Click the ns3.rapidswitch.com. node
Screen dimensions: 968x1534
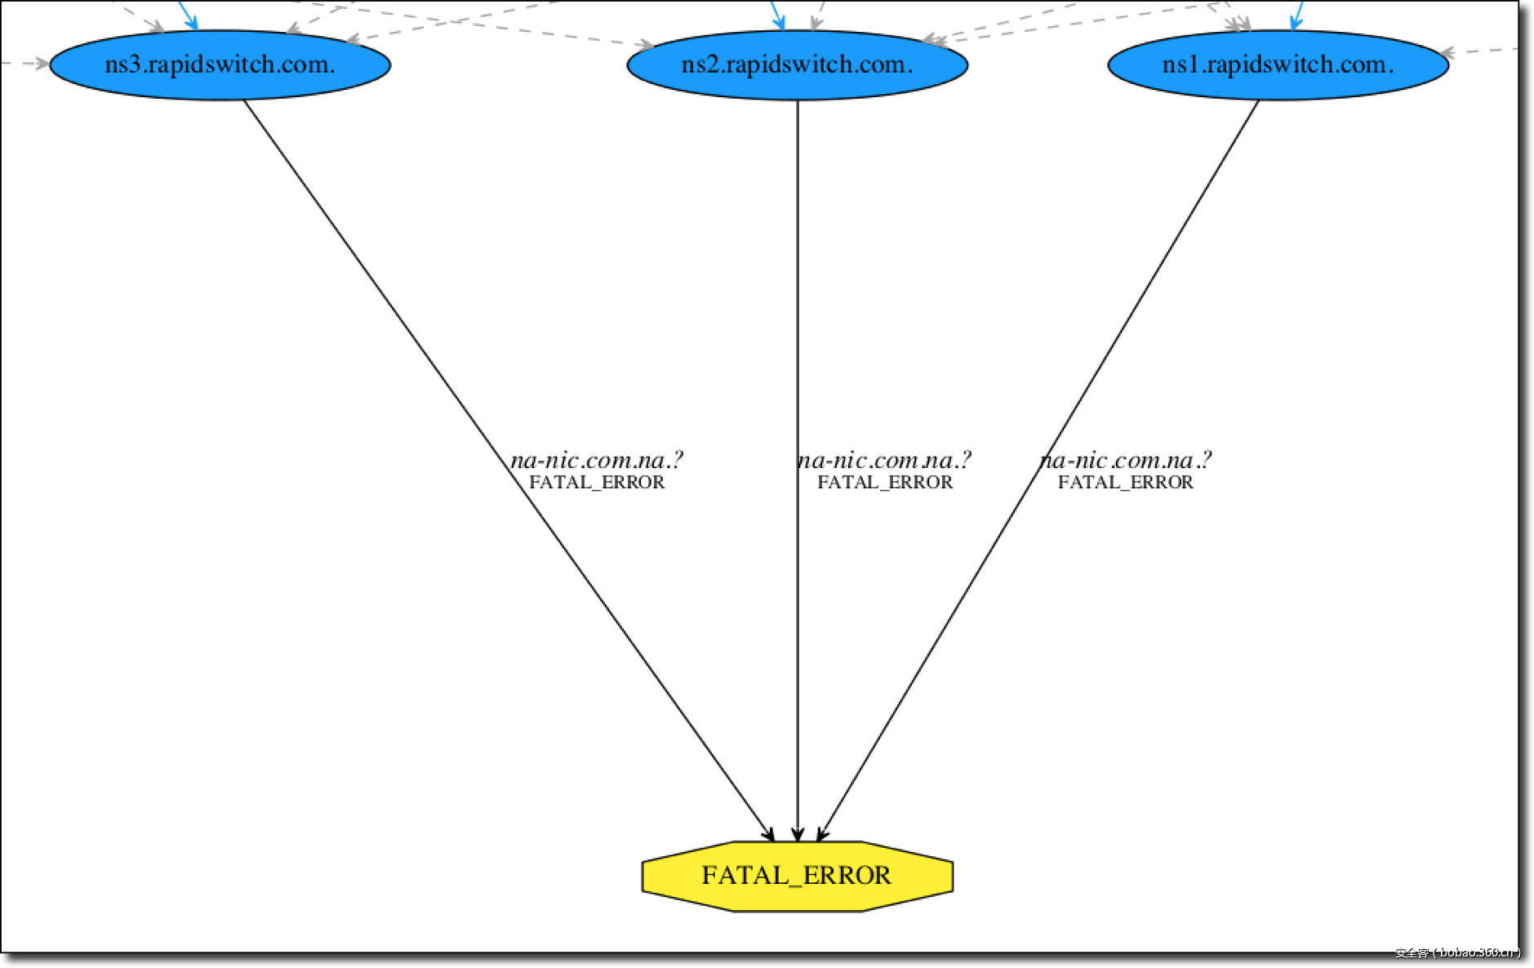[x=220, y=65]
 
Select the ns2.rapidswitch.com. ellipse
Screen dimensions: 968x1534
[x=797, y=65]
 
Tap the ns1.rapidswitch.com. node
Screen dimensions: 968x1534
[x=1278, y=65]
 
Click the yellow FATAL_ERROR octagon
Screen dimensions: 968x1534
[x=797, y=876]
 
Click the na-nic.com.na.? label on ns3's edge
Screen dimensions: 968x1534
[x=597, y=461]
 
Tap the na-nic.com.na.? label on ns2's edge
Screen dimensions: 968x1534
[x=885, y=461]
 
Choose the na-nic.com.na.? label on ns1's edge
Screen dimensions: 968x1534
[x=1126, y=461]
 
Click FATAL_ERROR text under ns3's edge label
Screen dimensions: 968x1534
[x=597, y=483]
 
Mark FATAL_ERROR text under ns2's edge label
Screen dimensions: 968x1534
[x=885, y=483]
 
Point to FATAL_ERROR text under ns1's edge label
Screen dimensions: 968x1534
[x=1126, y=483]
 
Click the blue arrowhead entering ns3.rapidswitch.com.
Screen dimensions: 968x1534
[x=191, y=22]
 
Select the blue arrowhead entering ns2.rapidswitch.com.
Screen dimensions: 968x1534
[x=780, y=22]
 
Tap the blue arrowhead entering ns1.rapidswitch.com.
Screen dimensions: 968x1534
[x=1295, y=22]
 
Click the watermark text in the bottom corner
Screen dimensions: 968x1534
[x=1457, y=952]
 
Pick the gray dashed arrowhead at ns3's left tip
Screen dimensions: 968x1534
[x=41, y=63]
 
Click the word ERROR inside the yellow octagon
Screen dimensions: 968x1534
[x=847, y=876]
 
